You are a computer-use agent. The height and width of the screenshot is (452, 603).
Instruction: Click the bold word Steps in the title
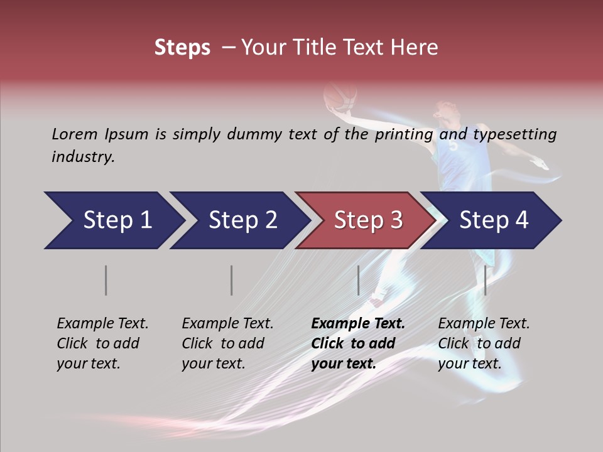[x=182, y=48]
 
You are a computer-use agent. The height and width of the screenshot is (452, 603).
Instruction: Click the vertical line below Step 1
[x=106, y=280]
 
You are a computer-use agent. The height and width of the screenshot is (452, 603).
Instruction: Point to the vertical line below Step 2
[x=232, y=280]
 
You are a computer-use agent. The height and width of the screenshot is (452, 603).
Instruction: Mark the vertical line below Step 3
[x=359, y=280]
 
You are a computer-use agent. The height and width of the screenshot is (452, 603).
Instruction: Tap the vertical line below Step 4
[x=486, y=280]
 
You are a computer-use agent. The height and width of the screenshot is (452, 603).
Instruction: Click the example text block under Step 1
[x=102, y=343]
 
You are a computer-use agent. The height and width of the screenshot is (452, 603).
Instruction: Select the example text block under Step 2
[x=227, y=343]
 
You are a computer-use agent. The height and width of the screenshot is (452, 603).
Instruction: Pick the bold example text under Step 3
[x=358, y=343]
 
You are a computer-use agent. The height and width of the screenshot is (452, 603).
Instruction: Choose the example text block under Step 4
[x=484, y=343]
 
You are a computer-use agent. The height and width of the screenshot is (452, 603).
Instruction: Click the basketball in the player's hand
[x=339, y=97]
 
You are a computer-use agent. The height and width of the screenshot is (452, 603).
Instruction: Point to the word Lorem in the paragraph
[x=75, y=134]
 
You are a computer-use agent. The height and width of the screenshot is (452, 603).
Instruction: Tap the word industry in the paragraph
[x=83, y=156]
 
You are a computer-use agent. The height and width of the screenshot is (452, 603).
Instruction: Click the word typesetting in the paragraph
[x=514, y=134]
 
